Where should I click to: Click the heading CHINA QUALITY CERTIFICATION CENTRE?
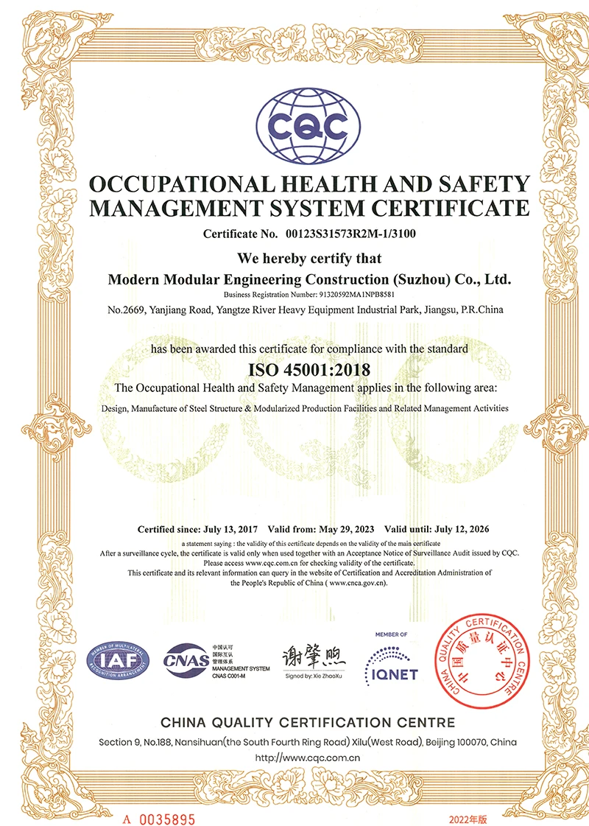[308, 722]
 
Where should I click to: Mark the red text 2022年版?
[468, 798]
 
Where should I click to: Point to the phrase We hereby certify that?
[308, 259]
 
